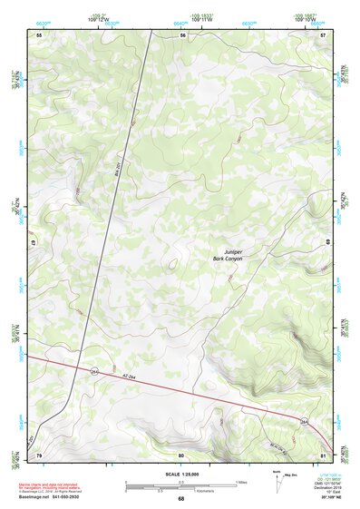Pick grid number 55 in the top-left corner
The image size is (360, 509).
point(39,34)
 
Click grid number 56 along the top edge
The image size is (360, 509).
point(182,34)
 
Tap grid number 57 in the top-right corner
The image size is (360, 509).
point(324,34)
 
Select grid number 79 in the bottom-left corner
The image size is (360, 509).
point(39,455)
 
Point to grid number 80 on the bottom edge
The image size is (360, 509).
point(181,455)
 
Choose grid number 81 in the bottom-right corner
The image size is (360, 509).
point(324,455)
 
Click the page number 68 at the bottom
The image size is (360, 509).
point(180,499)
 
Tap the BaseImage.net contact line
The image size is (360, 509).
point(48,498)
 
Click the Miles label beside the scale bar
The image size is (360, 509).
point(241,482)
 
